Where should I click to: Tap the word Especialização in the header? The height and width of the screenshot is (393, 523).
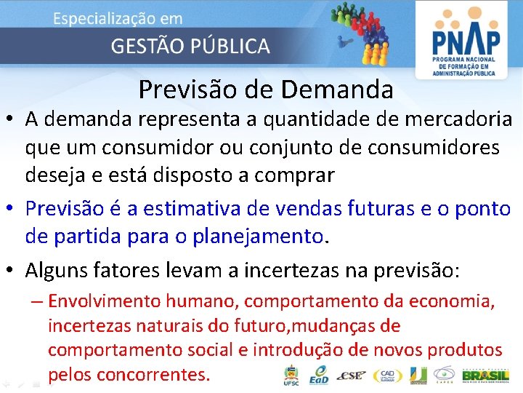102,18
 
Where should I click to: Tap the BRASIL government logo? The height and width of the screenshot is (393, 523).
485,376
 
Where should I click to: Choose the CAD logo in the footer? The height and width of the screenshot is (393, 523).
387,376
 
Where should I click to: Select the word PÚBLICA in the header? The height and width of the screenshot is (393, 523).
233,47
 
